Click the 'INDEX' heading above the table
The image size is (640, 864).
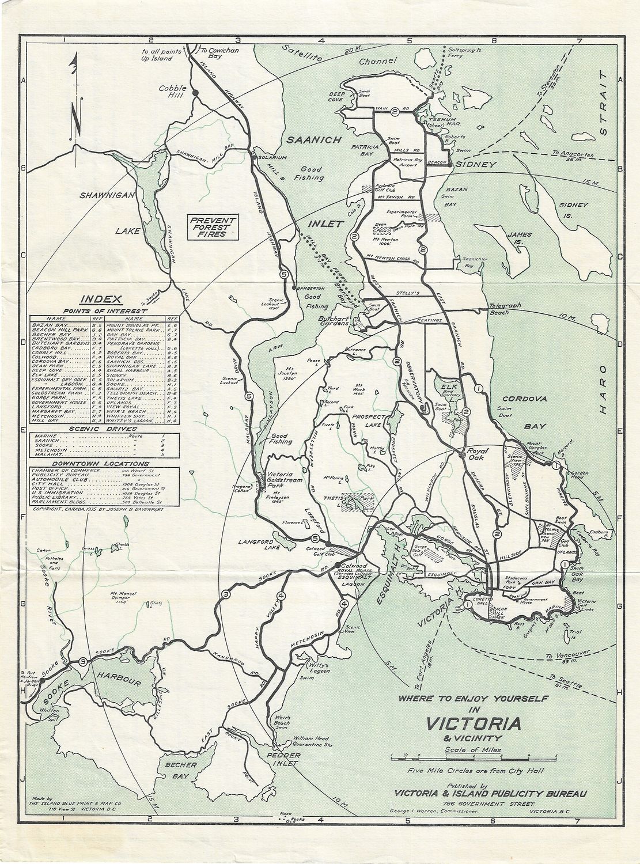pos(100,299)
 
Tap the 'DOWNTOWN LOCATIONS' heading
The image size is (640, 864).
pos(100,464)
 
